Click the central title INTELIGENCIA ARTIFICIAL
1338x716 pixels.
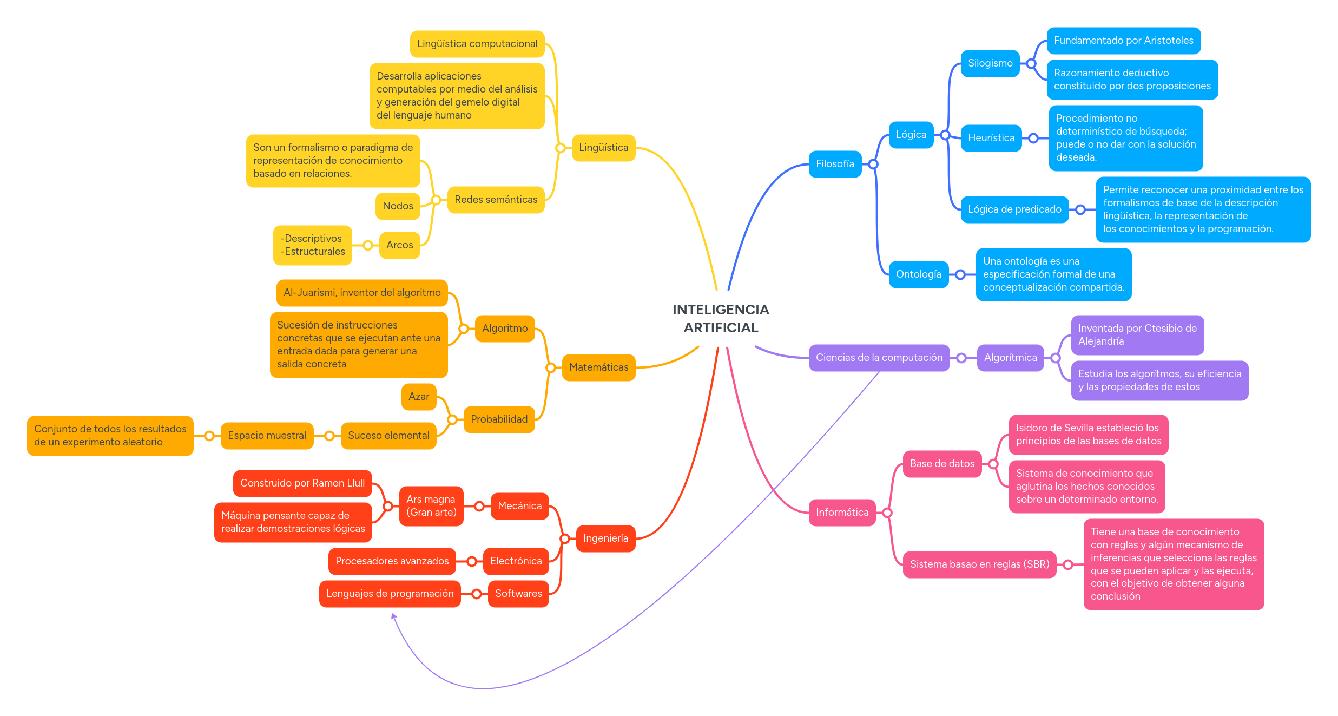point(720,318)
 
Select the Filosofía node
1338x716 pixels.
point(834,164)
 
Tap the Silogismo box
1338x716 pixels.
point(990,63)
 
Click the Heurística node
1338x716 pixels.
point(991,138)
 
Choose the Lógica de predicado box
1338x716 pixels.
point(1014,209)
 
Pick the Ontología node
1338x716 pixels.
point(918,274)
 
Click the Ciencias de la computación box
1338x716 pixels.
point(879,358)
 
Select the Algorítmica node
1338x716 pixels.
point(1010,358)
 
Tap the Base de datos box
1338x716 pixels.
point(941,464)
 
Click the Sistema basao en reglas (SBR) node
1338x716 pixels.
point(979,564)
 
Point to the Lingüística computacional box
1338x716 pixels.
point(477,44)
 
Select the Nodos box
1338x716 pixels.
point(398,206)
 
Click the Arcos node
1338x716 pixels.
point(399,245)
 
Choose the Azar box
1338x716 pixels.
point(418,397)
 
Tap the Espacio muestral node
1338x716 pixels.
point(267,436)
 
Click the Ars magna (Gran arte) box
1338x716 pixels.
point(431,506)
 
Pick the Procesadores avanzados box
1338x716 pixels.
point(392,561)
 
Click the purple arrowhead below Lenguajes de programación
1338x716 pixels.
point(393,616)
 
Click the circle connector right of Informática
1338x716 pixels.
point(887,513)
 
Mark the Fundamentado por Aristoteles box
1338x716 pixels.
point(1123,41)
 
